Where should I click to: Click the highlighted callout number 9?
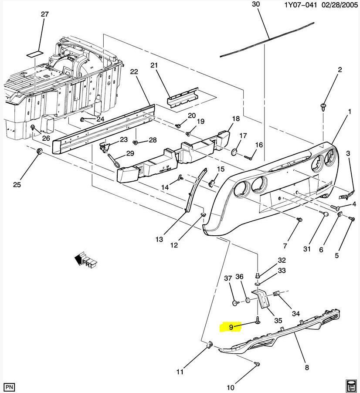[x=231, y=326]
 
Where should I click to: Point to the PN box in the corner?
[x=10, y=386]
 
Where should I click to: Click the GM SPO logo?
[x=351, y=385]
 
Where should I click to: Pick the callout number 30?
[x=256, y=4]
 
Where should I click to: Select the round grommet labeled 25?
[x=39, y=151]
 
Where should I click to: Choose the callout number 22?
[x=134, y=72]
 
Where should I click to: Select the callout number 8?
[x=307, y=368]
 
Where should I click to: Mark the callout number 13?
[x=159, y=239]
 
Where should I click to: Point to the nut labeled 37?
[x=235, y=303]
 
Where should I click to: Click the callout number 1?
[x=349, y=112]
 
